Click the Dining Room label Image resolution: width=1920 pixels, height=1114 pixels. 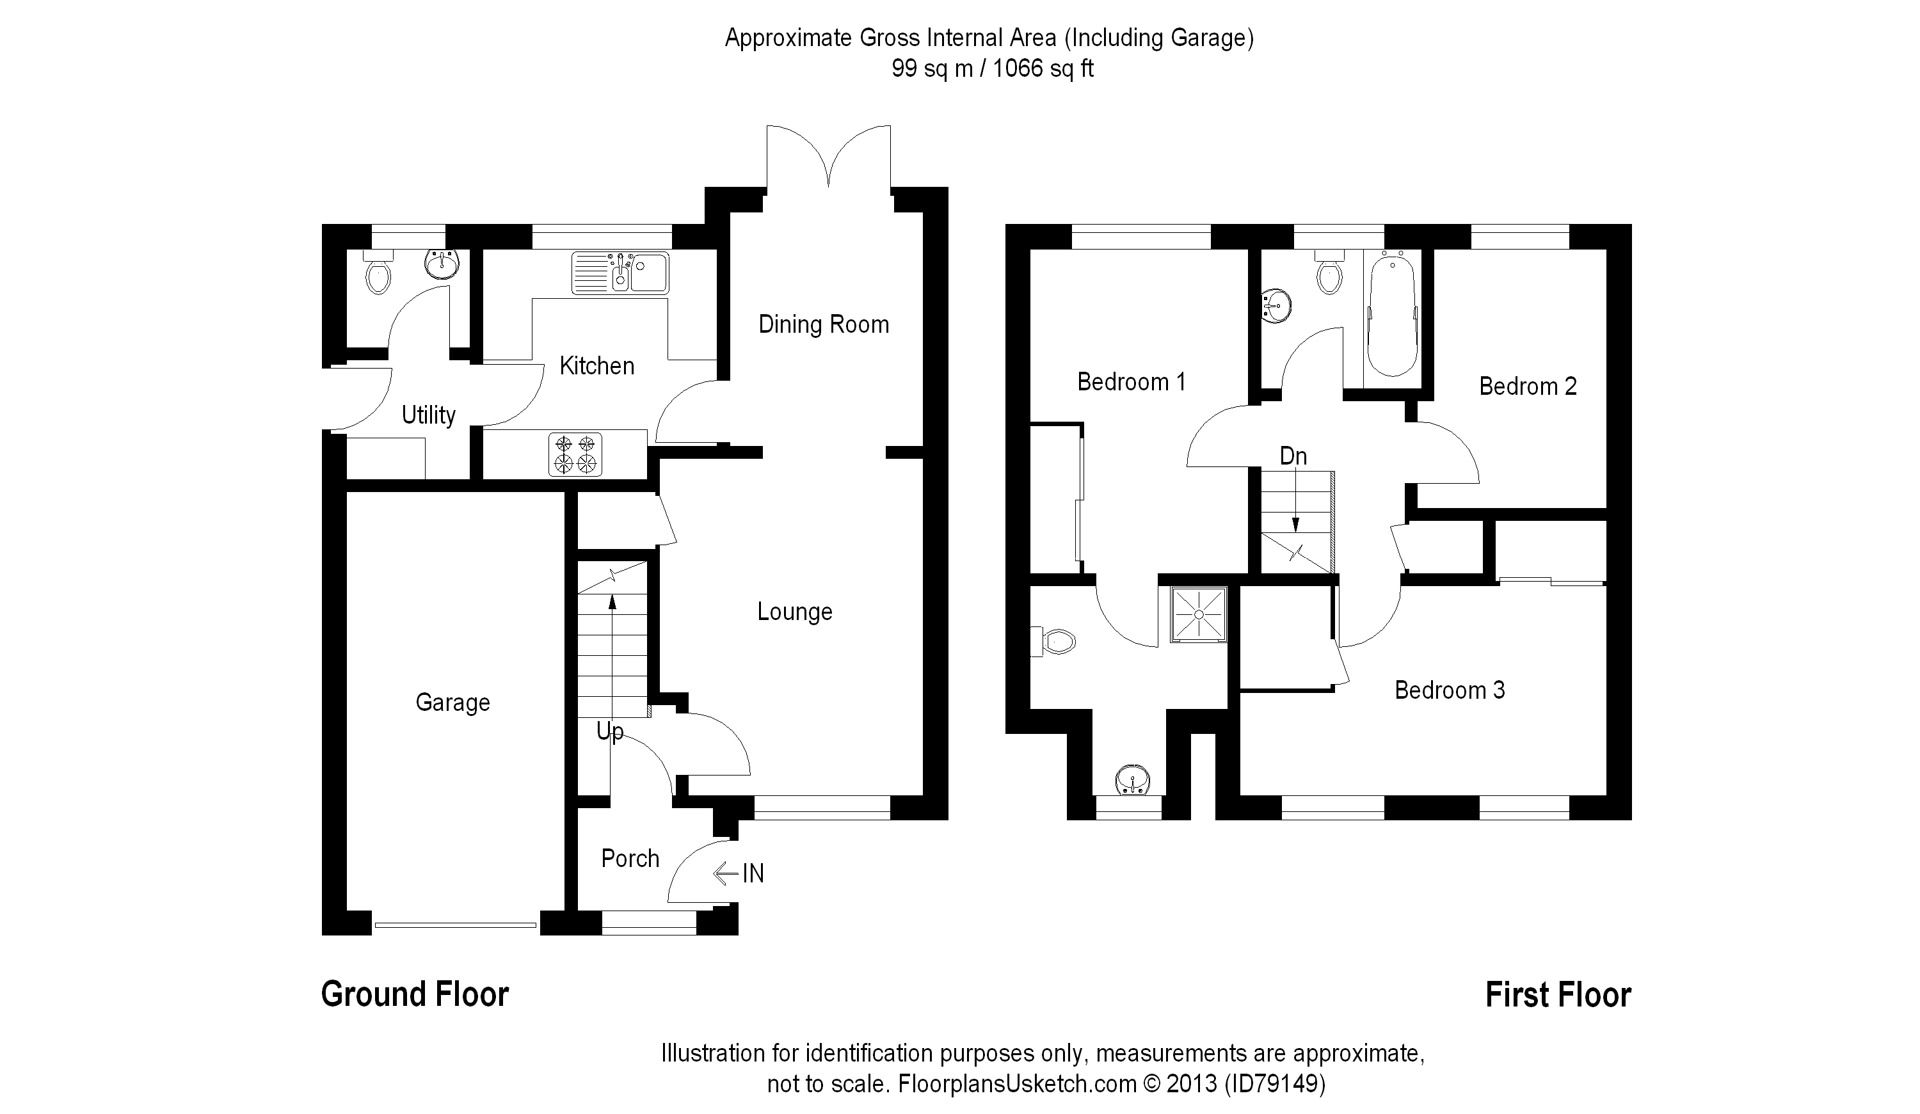[824, 324]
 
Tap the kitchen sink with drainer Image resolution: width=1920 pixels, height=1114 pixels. [620, 273]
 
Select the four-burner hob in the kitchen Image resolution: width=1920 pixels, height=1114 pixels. [575, 454]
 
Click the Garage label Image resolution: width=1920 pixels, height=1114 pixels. [452, 702]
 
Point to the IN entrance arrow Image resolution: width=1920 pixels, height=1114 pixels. [739, 873]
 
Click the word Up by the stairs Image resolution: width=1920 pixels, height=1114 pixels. [609, 731]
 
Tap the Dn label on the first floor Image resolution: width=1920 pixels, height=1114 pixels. [1293, 456]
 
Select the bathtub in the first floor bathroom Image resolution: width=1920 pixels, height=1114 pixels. [1392, 315]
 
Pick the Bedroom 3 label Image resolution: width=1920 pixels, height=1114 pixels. [1449, 690]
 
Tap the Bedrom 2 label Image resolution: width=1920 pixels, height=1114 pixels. [1527, 386]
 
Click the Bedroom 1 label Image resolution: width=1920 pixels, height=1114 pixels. [1131, 382]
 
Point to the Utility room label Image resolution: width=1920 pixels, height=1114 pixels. [428, 415]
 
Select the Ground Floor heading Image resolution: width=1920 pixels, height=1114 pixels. [415, 994]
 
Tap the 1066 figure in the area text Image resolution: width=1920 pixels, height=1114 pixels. [1017, 68]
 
